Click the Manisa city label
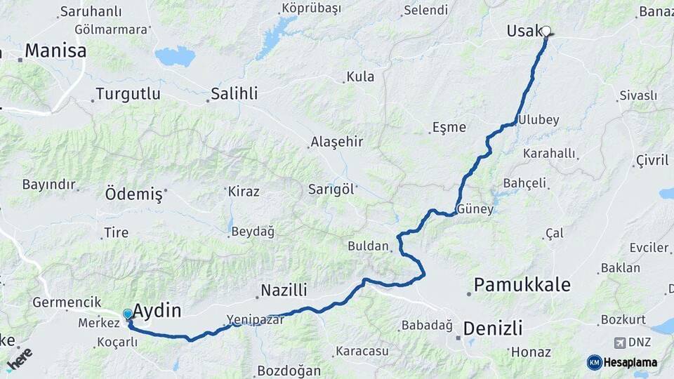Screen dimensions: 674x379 (x=55, y=51)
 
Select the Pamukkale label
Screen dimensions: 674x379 (x=522, y=285)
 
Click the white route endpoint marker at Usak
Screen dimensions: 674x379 (x=546, y=31)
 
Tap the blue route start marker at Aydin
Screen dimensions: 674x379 (x=128, y=314)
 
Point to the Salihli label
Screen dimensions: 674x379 (x=234, y=93)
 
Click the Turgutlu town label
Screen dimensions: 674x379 (x=128, y=93)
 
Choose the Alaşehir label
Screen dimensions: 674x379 (x=336, y=142)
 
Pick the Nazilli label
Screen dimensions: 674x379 (x=284, y=290)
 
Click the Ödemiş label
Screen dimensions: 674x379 (x=133, y=194)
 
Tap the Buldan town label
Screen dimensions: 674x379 (x=368, y=246)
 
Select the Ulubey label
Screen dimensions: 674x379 (x=538, y=120)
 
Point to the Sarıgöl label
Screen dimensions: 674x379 (x=332, y=189)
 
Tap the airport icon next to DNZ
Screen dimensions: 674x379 (x=619, y=343)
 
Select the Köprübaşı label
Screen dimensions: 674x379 (x=311, y=8)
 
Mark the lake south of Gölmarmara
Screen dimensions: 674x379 (x=174, y=56)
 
